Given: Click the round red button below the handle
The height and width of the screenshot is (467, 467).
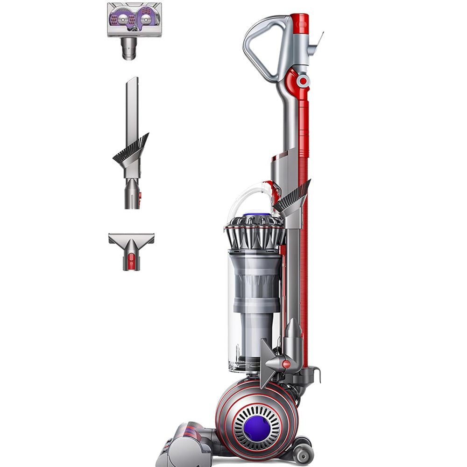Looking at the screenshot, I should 304,81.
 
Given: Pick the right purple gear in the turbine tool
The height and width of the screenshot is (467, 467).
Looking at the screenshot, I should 146,19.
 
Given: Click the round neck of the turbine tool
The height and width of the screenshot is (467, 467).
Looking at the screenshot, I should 128,49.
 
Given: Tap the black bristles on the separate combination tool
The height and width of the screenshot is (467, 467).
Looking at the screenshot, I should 131,149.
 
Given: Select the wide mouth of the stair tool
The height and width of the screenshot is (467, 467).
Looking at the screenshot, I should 131,238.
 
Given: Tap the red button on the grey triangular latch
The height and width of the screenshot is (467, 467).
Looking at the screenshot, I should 286,364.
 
